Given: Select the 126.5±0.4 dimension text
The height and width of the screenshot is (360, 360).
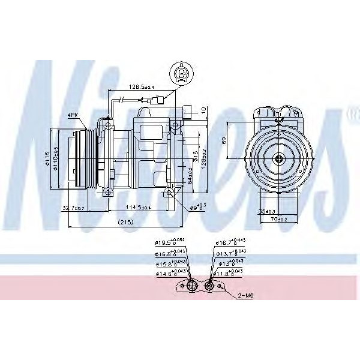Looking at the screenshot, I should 142,87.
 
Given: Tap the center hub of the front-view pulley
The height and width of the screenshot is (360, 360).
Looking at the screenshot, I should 280,159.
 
